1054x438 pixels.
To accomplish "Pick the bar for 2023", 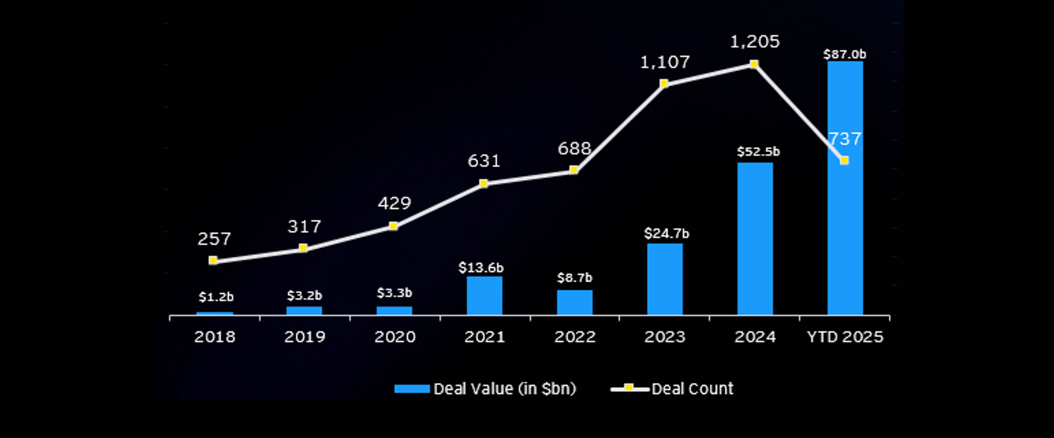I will tap(665, 279).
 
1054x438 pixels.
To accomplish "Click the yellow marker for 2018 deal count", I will tap(213, 260).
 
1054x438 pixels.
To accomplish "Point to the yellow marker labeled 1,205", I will tap(754, 64).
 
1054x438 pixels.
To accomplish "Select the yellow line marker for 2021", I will tap(484, 183).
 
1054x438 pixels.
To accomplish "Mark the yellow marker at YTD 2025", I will tap(844, 160).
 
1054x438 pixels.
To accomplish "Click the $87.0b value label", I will tap(845, 54).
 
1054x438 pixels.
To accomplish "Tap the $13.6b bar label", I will tap(481, 268).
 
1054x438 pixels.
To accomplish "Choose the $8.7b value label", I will tap(574, 278).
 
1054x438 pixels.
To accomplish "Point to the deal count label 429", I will tap(394, 203).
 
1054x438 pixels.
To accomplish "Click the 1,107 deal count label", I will tap(665, 62).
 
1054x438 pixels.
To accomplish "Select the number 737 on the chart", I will tap(845, 139).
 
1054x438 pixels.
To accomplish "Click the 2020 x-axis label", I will tap(395, 337).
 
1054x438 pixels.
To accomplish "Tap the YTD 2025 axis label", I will tap(845, 337).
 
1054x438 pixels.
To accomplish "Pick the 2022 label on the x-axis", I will tap(574, 337).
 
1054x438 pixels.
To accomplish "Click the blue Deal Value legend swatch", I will tap(412, 389).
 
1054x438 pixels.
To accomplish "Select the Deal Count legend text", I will tap(692, 389).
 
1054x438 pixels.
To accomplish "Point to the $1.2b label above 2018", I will tap(216, 297).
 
